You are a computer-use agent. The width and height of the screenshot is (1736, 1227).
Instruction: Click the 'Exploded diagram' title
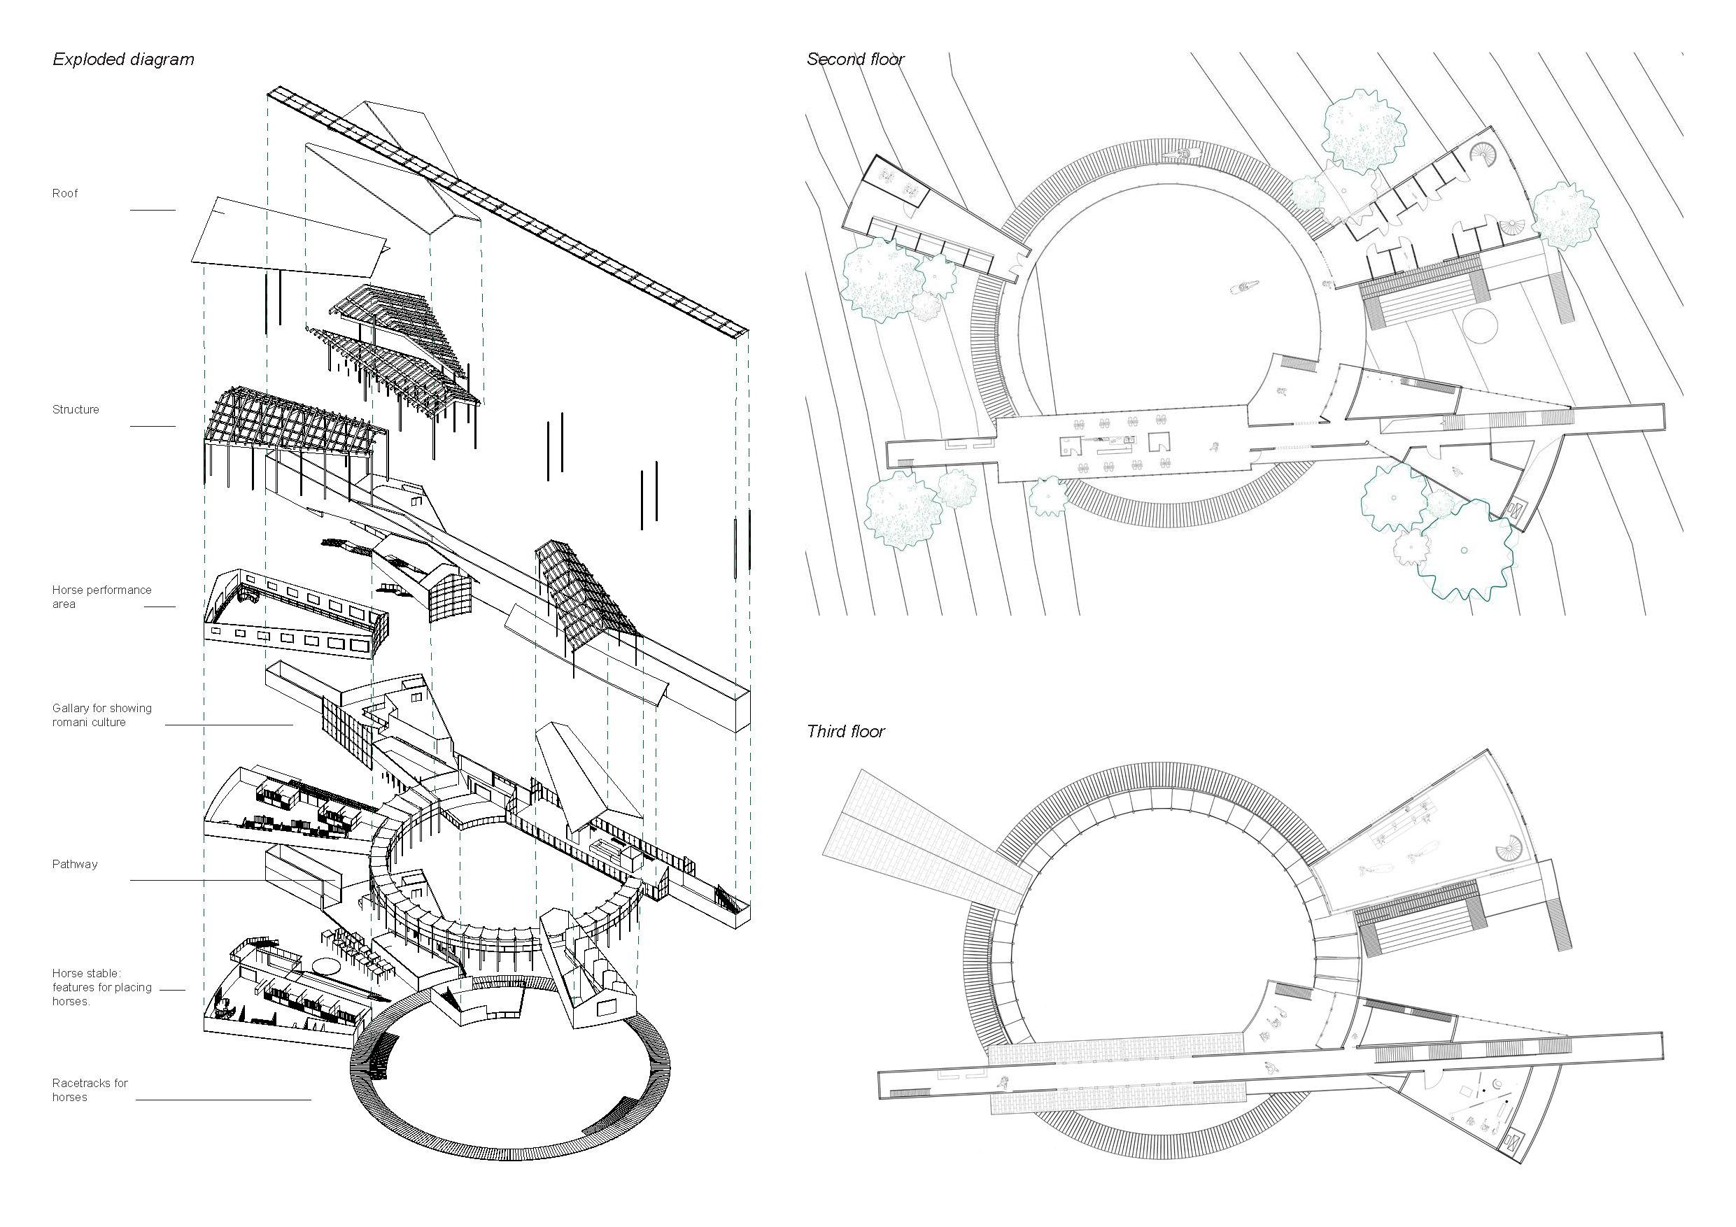(x=123, y=59)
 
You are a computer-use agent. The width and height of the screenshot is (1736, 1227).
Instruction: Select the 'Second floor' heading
(x=855, y=59)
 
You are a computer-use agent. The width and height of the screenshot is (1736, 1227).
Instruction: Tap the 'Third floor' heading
(x=845, y=731)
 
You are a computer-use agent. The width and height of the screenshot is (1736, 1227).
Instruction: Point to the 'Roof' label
(x=65, y=194)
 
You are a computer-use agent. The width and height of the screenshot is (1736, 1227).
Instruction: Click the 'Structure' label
(x=76, y=410)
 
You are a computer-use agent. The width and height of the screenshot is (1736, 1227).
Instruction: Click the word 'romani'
(x=70, y=723)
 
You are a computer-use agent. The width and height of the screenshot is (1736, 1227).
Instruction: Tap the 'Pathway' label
(x=75, y=864)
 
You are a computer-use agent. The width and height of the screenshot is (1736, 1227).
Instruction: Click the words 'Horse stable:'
(x=86, y=974)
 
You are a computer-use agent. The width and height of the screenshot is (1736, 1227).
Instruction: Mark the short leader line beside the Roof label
(x=153, y=210)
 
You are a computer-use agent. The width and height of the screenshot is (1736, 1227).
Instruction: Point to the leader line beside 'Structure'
(x=153, y=427)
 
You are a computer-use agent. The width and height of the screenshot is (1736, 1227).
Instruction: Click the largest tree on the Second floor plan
(x=1466, y=551)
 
